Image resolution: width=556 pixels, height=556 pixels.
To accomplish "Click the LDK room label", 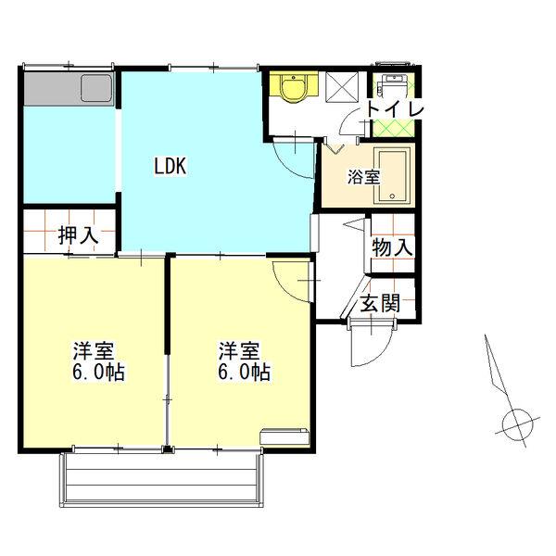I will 171,167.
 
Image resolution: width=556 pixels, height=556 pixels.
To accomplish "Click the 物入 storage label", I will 392,247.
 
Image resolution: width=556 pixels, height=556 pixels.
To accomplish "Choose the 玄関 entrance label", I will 381,304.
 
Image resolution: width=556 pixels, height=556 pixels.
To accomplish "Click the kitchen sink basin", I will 96,89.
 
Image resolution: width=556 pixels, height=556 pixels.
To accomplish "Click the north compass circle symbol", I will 514,424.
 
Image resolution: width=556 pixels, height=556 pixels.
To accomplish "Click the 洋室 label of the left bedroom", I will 94,352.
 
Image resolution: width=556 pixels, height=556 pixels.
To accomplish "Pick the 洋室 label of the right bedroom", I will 238,352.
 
